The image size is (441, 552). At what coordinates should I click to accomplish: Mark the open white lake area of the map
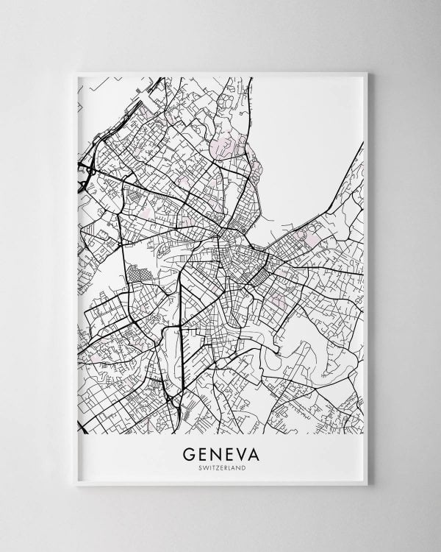309,132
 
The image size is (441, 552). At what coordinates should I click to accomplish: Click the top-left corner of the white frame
75,71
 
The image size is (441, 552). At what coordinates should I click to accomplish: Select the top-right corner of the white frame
369,71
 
